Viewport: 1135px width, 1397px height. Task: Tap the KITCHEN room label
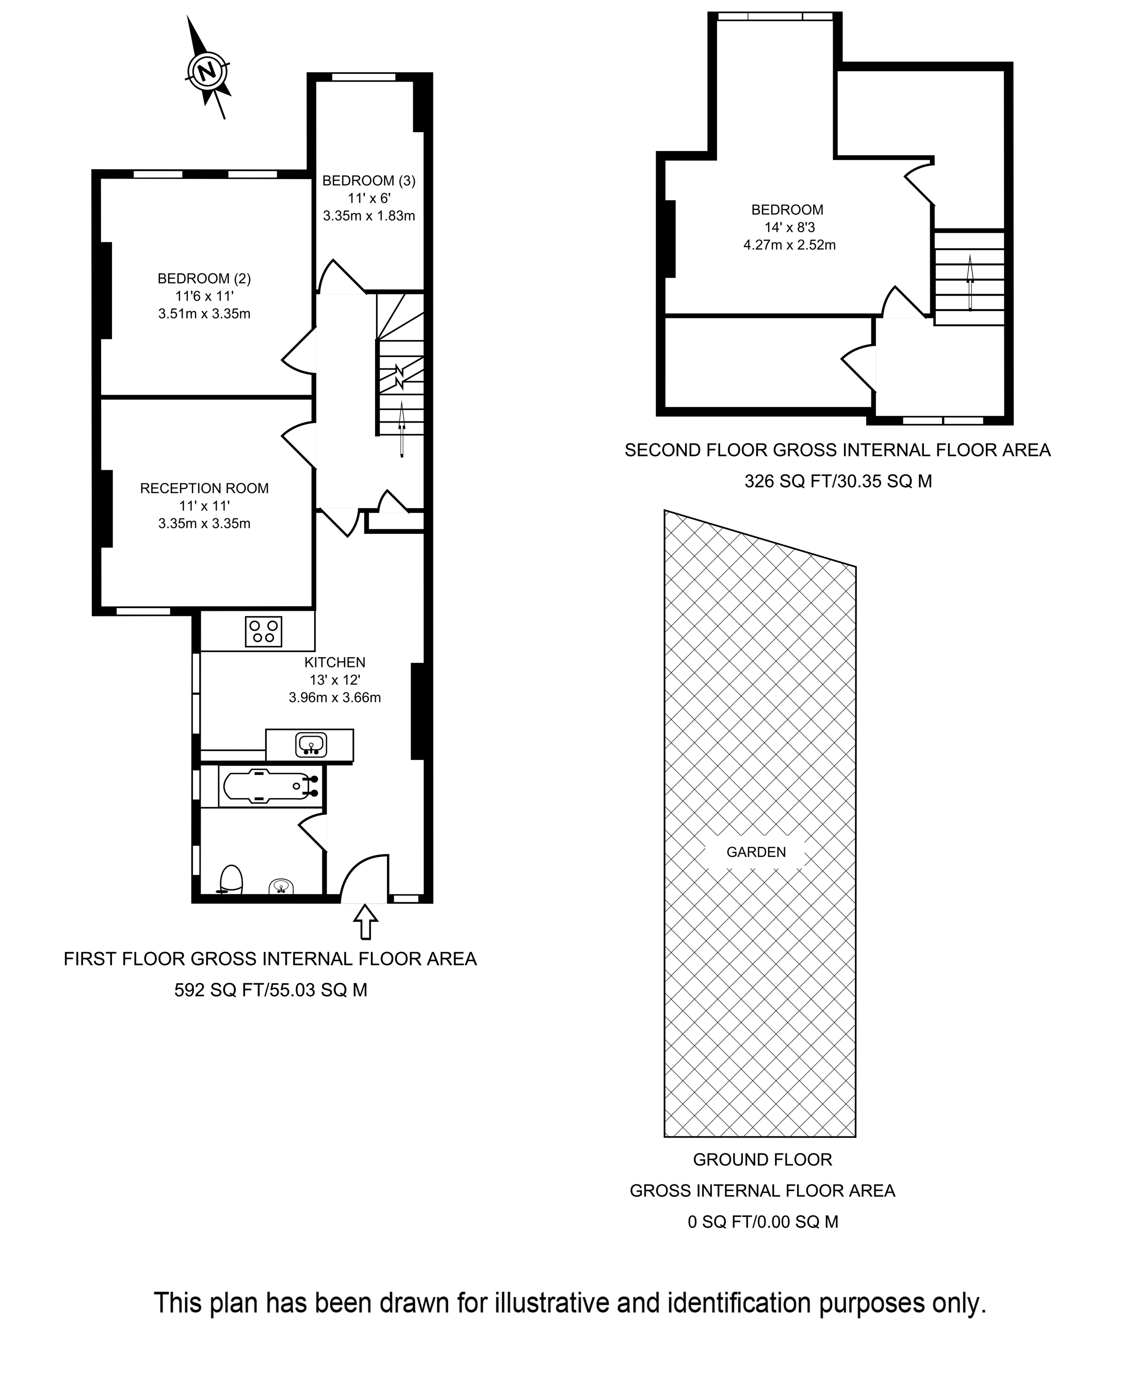[335, 662]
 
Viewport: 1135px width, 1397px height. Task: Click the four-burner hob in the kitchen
[264, 631]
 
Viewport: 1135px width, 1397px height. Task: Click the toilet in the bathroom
[231, 880]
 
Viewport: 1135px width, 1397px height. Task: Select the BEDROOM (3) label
[369, 181]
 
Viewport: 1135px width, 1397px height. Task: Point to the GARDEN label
[756, 852]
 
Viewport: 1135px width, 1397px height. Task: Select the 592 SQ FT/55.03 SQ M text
[271, 990]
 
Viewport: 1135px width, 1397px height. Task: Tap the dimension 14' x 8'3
[789, 228]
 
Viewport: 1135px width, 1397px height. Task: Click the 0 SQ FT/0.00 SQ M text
[763, 1222]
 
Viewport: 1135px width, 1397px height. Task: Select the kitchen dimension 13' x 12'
[335, 680]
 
